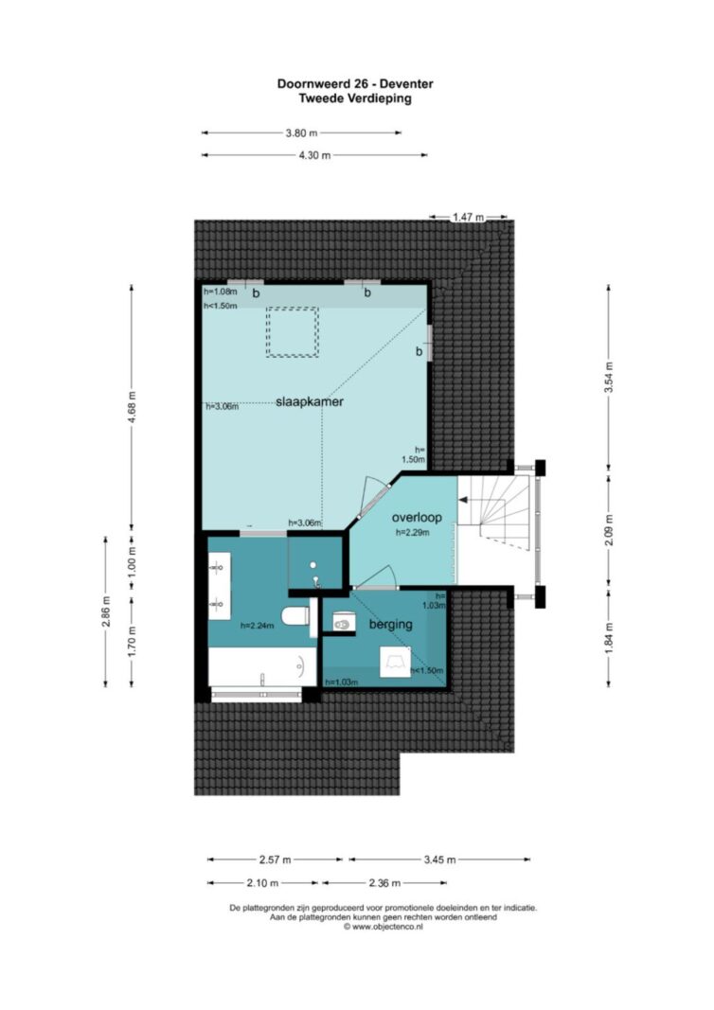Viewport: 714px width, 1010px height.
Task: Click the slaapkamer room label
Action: point(310,401)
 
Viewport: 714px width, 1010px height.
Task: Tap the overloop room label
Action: point(417,517)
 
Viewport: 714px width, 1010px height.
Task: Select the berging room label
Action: point(390,624)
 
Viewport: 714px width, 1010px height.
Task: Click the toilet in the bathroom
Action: point(295,616)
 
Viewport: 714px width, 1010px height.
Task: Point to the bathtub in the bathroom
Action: point(262,667)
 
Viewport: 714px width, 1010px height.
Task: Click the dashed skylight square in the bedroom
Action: point(293,332)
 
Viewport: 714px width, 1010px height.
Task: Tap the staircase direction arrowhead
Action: point(462,499)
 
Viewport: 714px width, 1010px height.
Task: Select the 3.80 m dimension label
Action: point(301,133)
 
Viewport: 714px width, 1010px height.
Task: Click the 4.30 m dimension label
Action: point(314,155)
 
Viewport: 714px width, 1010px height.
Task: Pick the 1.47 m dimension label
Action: point(468,217)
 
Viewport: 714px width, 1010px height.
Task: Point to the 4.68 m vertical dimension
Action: point(133,406)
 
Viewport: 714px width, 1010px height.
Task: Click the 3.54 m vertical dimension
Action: point(609,377)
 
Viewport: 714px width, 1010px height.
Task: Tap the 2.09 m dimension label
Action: point(609,529)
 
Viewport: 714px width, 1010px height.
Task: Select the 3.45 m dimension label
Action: point(439,859)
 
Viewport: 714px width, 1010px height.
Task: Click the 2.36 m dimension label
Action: point(384,883)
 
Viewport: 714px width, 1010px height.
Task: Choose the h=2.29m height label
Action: point(413,533)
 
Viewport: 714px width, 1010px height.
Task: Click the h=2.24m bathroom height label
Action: point(258,625)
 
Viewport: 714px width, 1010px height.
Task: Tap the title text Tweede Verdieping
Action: point(355,98)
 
